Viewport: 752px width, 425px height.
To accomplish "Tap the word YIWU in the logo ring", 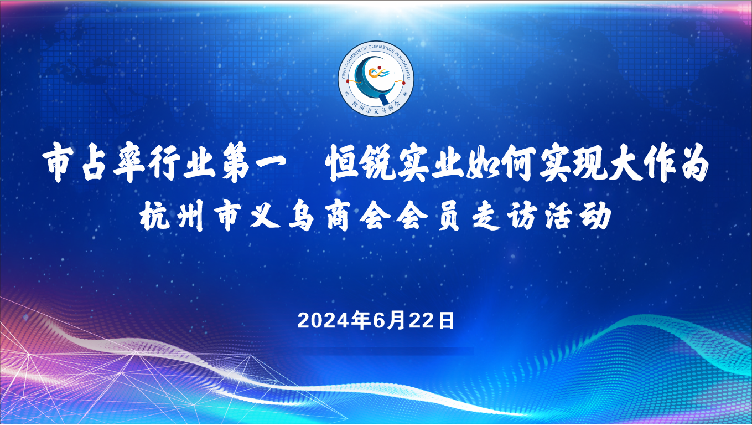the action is coord(345,73).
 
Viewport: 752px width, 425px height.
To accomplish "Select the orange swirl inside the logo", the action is coord(373,72).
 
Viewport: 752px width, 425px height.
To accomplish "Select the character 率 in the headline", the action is coord(129,163).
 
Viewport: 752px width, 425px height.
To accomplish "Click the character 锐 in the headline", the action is coord(377,163).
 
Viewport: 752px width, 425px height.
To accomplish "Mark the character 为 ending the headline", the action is coord(692,163).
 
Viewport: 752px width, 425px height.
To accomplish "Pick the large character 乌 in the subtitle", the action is coord(301,215).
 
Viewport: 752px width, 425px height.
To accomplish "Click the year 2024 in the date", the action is coord(324,321).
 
